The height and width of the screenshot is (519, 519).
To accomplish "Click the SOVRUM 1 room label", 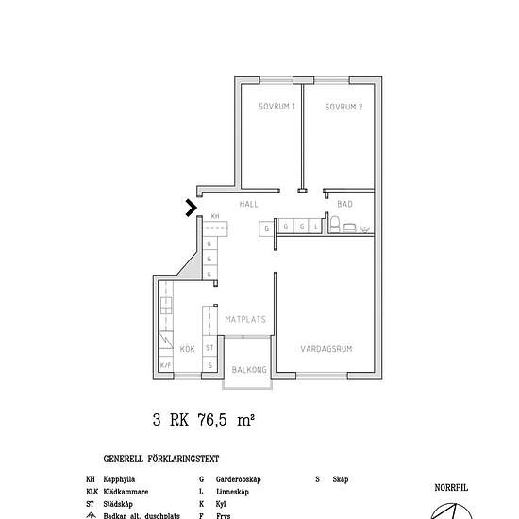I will pyautogui.click(x=277, y=107).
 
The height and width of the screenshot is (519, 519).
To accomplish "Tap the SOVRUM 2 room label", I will pyautogui.click(x=343, y=107).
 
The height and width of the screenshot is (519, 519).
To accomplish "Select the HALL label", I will pyautogui.click(x=248, y=204).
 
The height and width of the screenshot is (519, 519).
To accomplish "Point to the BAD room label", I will pyautogui.click(x=344, y=204).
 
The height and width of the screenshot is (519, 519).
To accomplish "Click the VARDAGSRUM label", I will pyautogui.click(x=326, y=349).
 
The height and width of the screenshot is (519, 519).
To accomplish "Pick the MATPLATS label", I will pyautogui.click(x=244, y=320).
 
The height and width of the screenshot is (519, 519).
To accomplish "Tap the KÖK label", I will pyautogui.click(x=187, y=349).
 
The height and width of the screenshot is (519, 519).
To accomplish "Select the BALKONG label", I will pyautogui.click(x=250, y=369).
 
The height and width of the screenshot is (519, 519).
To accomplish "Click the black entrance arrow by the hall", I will pyautogui.click(x=192, y=208).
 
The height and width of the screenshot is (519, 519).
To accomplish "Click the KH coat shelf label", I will pyautogui.click(x=214, y=216).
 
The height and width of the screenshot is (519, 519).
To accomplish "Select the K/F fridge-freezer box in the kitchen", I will pyautogui.click(x=165, y=365).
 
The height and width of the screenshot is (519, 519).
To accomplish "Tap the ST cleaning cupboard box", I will pyautogui.click(x=209, y=348).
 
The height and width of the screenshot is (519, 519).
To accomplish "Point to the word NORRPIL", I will pyautogui.click(x=451, y=488).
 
